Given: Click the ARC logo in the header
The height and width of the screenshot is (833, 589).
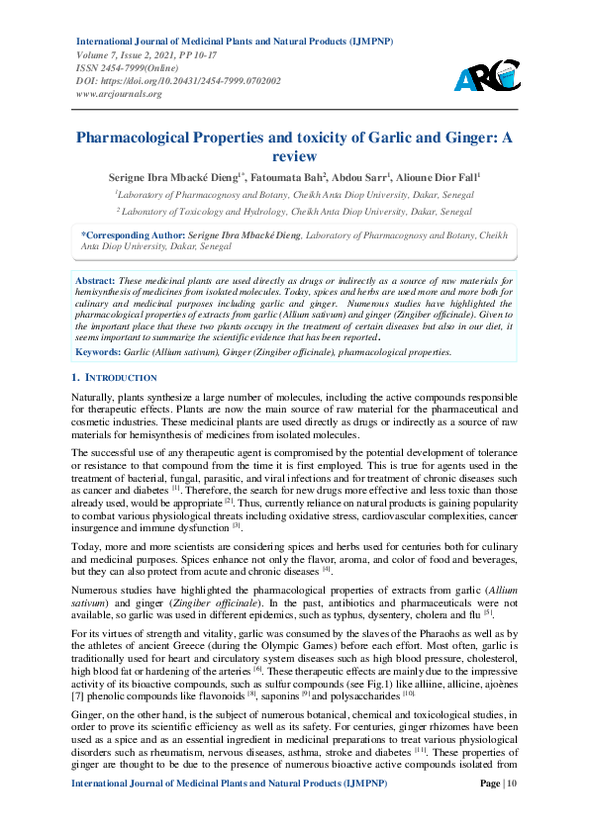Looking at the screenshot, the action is (486, 75).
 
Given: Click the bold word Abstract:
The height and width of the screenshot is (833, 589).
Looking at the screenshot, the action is (95, 282).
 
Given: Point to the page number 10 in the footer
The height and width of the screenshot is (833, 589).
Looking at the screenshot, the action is (512, 811).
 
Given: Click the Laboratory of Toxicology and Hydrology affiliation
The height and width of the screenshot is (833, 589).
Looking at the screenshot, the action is (294, 212).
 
